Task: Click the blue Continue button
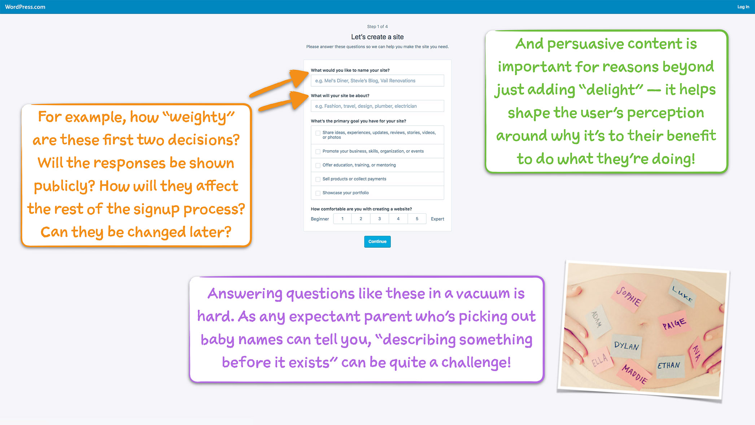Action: (377, 242)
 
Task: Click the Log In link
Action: (743, 7)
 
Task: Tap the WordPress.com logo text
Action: (25, 7)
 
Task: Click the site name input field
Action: (377, 81)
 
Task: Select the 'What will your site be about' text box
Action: (377, 106)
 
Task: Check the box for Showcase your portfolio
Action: (318, 193)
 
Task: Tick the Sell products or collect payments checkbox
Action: (318, 179)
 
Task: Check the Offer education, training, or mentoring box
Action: (318, 165)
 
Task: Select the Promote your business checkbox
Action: (318, 152)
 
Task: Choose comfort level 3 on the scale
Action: (380, 219)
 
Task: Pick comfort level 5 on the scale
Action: (417, 219)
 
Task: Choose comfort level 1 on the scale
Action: (342, 219)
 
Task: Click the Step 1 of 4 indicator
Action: (377, 26)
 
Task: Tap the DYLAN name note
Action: (627, 346)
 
